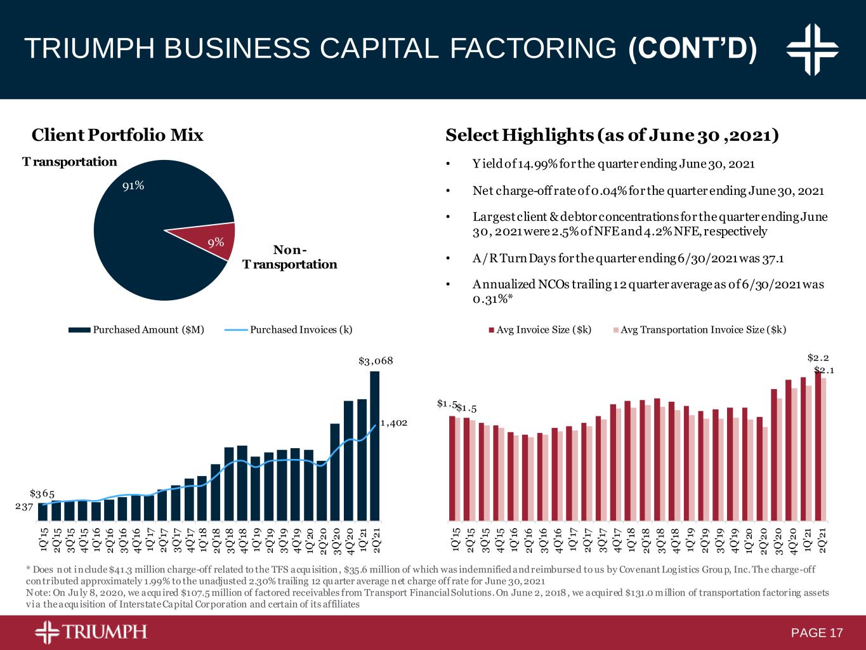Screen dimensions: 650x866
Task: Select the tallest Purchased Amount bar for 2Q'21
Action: [375, 444]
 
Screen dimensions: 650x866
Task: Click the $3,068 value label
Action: [376, 361]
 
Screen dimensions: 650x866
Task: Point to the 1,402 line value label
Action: [393, 422]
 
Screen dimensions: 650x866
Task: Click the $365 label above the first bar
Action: [42, 493]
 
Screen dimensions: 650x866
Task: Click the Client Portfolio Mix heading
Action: [117, 135]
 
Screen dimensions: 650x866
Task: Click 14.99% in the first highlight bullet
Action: [538, 164]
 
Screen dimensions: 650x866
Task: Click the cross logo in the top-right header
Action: [812, 49]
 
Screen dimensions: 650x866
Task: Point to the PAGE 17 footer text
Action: [817, 633]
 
